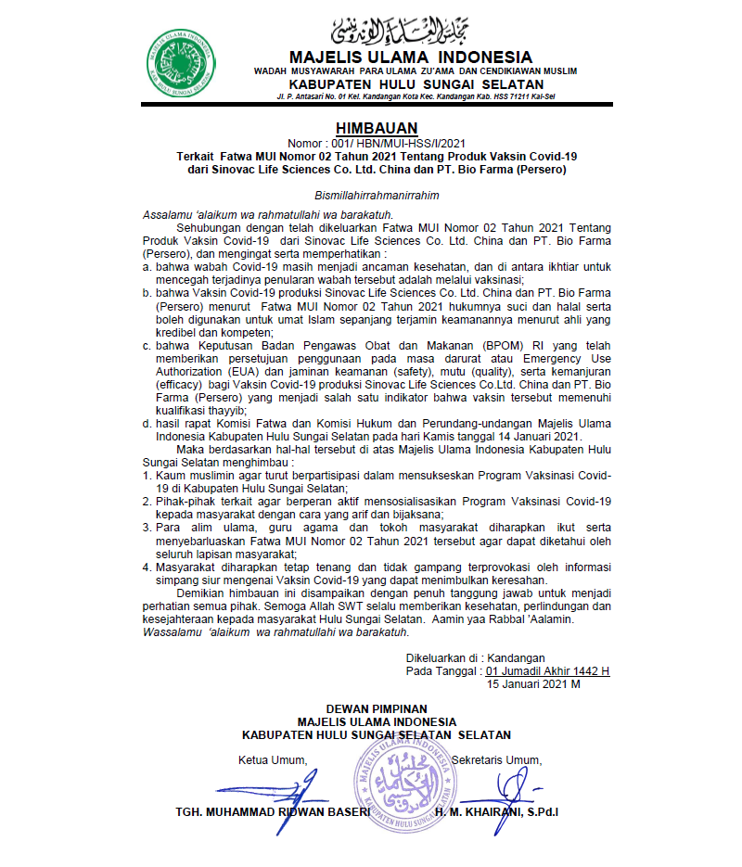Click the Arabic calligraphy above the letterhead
coord(409,30)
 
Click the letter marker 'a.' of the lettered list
coord(147,266)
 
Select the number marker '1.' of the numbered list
coord(147,476)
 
